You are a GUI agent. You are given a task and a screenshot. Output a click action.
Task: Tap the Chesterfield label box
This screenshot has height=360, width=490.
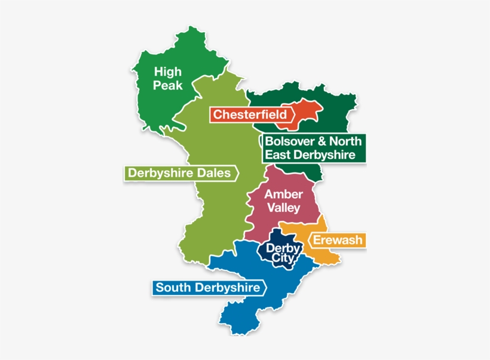(251, 114)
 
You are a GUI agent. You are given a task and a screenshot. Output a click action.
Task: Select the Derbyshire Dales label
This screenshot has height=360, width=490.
(179, 173)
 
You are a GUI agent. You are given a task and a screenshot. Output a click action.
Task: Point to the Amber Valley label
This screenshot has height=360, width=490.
(283, 201)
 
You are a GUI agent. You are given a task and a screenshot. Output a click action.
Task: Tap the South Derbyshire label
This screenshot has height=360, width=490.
(207, 288)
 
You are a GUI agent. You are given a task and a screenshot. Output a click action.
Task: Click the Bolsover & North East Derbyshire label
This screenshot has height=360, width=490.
(313, 148)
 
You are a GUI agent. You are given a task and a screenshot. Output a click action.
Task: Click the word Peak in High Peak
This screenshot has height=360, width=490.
(167, 85)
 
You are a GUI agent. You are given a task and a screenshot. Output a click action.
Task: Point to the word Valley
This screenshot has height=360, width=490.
(283, 208)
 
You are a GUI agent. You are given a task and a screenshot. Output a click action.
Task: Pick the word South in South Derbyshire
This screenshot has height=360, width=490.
(170, 288)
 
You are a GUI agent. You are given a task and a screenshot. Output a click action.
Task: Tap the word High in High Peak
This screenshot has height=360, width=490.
(167, 72)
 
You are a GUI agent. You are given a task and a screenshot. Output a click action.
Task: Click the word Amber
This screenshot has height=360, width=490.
(283, 195)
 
